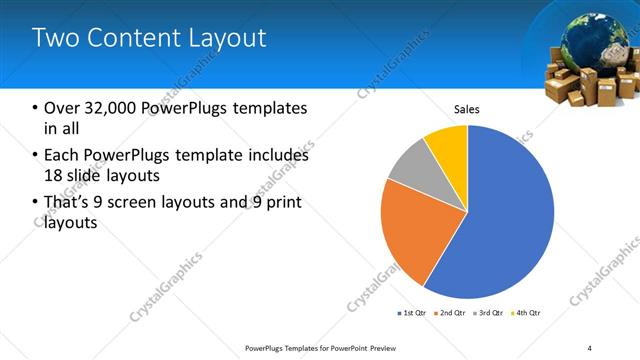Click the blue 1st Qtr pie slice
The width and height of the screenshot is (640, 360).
500,220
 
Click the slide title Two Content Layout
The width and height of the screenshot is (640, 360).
149,38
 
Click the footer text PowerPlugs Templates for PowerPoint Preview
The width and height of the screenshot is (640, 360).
329,347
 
